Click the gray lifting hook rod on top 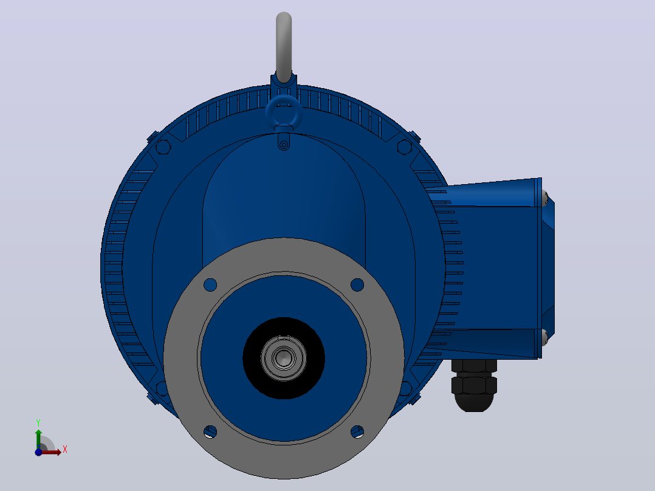[284, 46]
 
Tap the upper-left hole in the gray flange [210, 285]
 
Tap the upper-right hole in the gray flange [357, 285]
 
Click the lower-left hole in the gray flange [210, 431]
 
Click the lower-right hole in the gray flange [357, 431]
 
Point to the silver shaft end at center [284, 358]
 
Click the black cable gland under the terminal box [474, 385]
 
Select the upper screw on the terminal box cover [544, 197]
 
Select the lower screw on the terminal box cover [544, 338]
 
